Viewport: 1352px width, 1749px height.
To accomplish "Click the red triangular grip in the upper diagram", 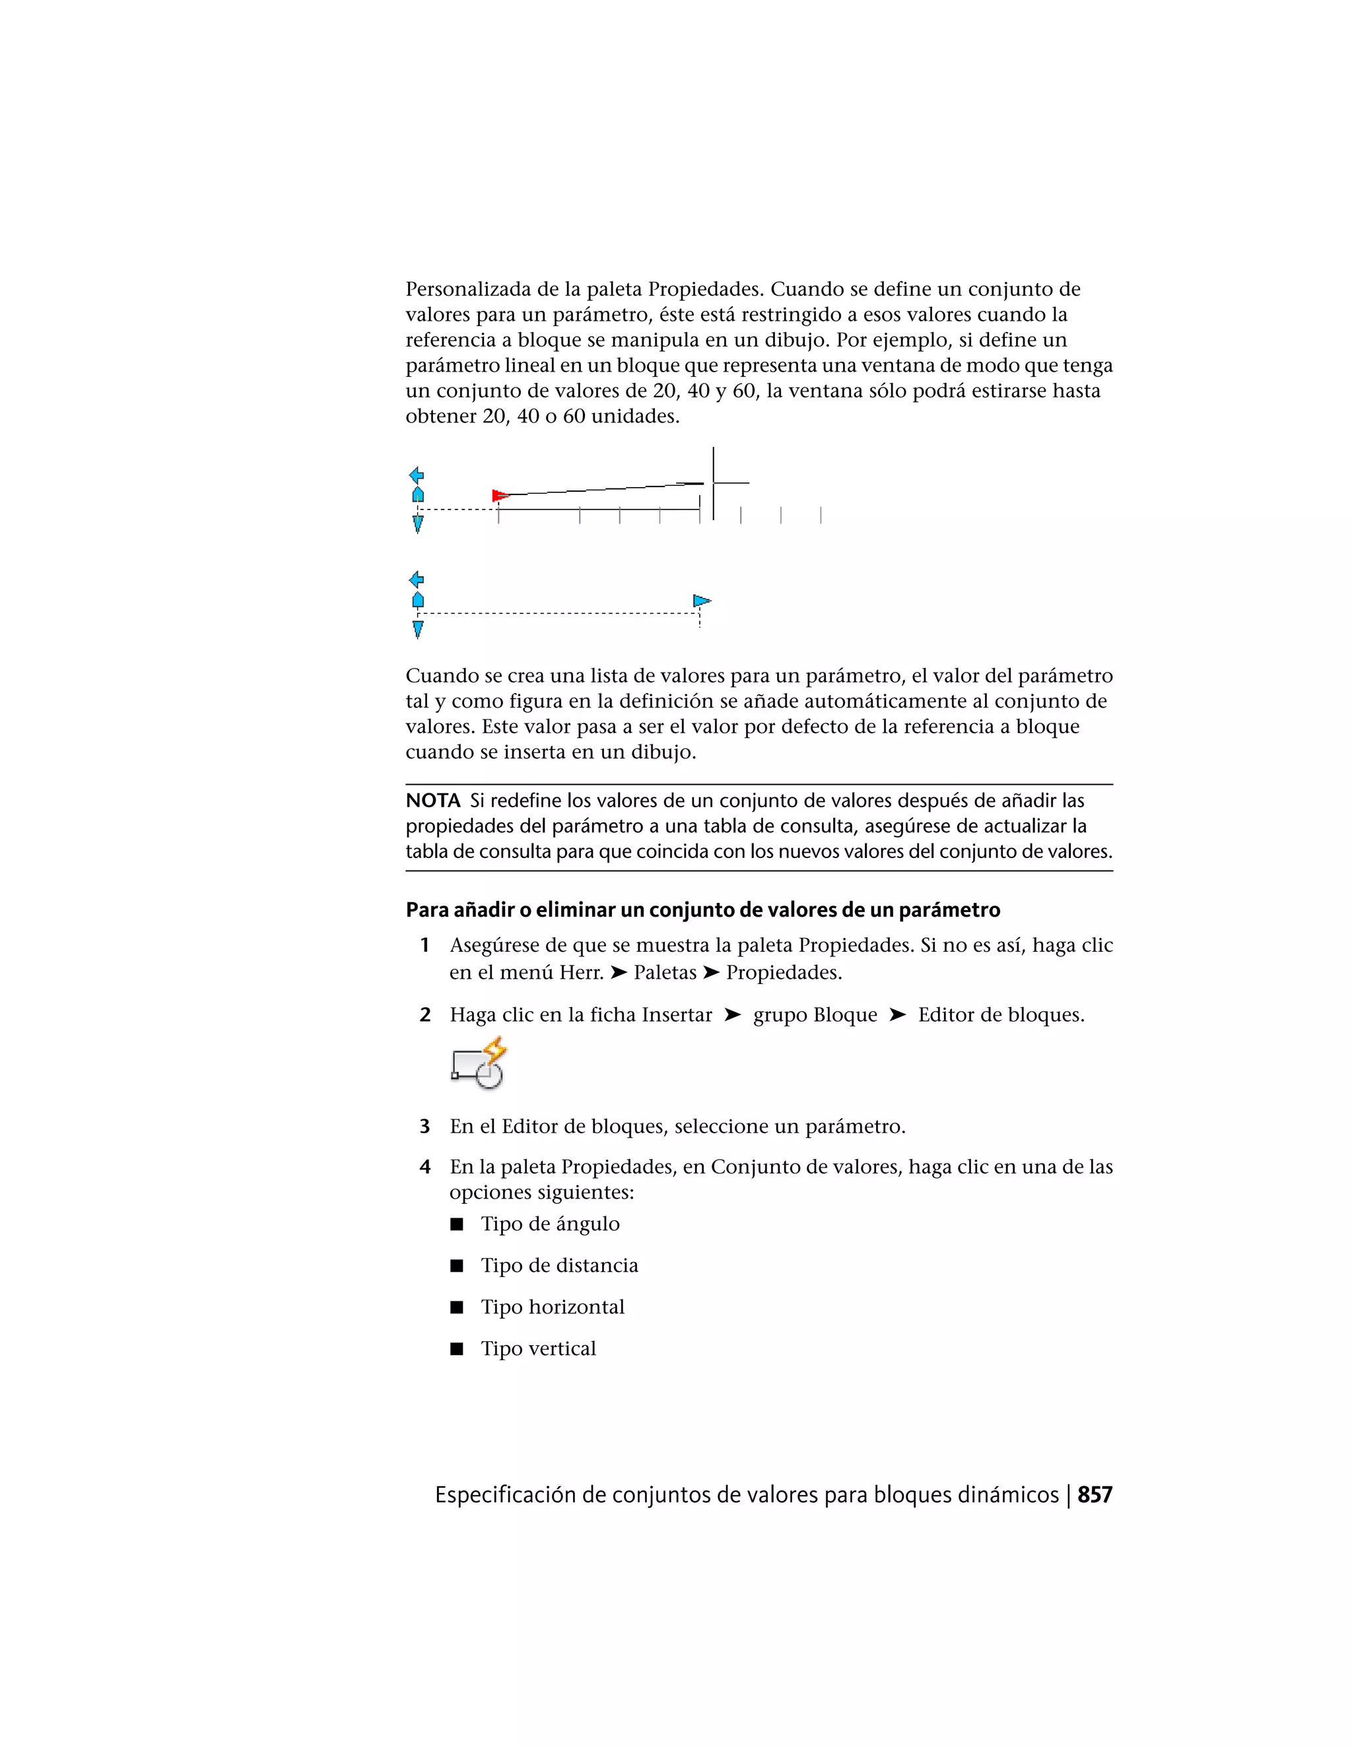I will pyautogui.click(x=500, y=496).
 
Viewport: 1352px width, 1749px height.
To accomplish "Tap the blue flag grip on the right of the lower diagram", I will pyautogui.click(x=701, y=601).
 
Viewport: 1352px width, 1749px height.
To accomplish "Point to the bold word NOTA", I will pyautogui.click(x=432, y=800).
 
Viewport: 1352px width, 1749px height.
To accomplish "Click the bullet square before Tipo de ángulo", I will pyautogui.click(x=457, y=1224).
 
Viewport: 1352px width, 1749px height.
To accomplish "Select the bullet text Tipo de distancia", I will pyautogui.click(x=559, y=1265).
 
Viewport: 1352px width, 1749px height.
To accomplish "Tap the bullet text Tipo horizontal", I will pyautogui.click(x=552, y=1307).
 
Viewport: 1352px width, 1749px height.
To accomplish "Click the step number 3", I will pyautogui.click(x=425, y=1127).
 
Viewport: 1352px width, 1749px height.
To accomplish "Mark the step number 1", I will pyautogui.click(x=425, y=946).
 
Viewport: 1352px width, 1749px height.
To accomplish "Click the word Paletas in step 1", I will pyautogui.click(x=665, y=972).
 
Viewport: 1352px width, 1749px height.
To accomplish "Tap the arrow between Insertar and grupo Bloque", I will pyautogui.click(x=732, y=1014).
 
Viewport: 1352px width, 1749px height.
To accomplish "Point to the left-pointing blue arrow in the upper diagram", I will pyautogui.click(x=417, y=475).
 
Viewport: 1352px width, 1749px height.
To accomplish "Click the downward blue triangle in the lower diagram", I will pyautogui.click(x=417, y=630).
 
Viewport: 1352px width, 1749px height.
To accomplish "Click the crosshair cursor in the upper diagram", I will pyautogui.click(x=713, y=483).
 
